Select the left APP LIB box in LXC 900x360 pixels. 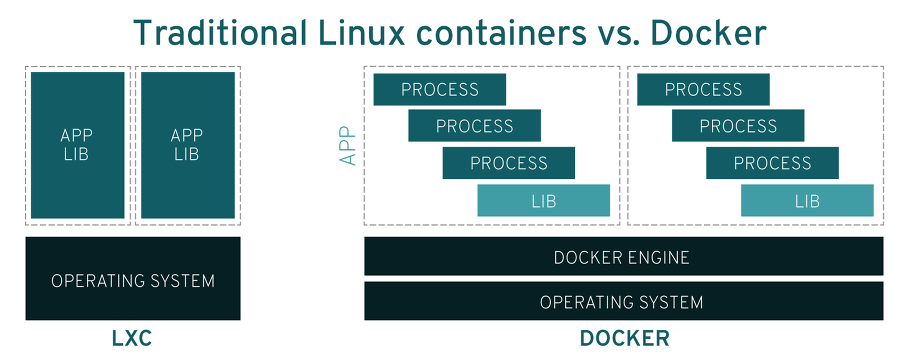pos(77,145)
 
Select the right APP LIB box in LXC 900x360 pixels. pos(187,145)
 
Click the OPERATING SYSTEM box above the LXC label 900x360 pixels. pos(133,279)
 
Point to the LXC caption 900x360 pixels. pos(132,339)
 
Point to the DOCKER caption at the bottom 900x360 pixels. pos(624,339)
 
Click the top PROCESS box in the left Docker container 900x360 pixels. pos(440,89)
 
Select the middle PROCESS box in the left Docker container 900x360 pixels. pos(475,126)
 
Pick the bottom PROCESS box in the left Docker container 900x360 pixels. pos(509,163)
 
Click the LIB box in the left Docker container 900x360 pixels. pos(543,201)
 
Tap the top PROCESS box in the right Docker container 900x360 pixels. pos(704,89)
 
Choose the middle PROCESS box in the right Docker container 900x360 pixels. pos(738,126)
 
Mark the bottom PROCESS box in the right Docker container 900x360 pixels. pos(773,163)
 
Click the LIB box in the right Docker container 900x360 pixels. pos(807,201)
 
